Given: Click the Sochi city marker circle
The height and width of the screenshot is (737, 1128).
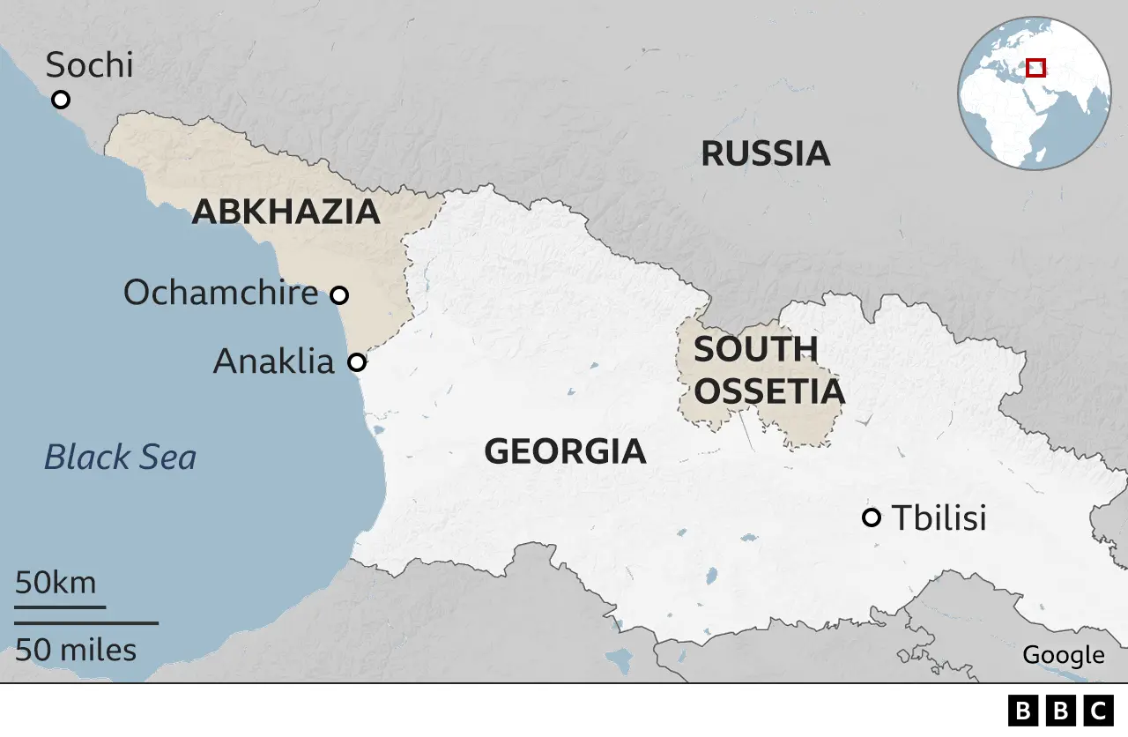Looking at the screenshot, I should (x=61, y=100).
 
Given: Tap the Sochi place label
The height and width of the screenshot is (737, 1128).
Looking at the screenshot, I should (x=89, y=65).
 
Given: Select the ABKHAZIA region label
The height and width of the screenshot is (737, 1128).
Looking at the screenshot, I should (x=286, y=212).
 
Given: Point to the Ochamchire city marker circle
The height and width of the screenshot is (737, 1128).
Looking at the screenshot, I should (x=339, y=294).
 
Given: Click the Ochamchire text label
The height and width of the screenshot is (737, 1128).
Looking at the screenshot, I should (x=220, y=293).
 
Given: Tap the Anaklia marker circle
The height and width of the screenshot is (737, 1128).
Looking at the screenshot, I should (x=357, y=362).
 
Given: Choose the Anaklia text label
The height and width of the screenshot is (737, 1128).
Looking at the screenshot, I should (x=274, y=361).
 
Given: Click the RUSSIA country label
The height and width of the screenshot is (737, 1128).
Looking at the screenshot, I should (x=765, y=154).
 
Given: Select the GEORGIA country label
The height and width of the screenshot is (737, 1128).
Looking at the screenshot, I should (x=565, y=452).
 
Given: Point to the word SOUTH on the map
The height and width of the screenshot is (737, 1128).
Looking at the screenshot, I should (x=755, y=350).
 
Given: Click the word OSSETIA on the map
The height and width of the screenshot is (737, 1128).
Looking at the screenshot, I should (x=768, y=392).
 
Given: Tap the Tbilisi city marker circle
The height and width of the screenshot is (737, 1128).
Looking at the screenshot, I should (x=872, y=517).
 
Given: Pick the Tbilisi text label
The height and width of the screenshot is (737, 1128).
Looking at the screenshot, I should (x=939, y=518).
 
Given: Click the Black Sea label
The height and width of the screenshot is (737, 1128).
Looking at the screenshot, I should (x=120, y=458).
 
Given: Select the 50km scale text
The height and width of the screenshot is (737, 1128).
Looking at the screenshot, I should (x=56, y=584).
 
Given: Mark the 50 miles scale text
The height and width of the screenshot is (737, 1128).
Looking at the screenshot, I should (x=76, y=651).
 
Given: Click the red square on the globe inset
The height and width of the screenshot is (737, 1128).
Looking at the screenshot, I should (x=1036, y=68).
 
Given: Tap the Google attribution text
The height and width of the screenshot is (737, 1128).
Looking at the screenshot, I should (x=1063, y=655).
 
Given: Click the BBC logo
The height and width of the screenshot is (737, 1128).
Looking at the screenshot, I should (x=1060, y=711).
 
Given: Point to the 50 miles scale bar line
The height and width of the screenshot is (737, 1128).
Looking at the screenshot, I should (x=86, y=623).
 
